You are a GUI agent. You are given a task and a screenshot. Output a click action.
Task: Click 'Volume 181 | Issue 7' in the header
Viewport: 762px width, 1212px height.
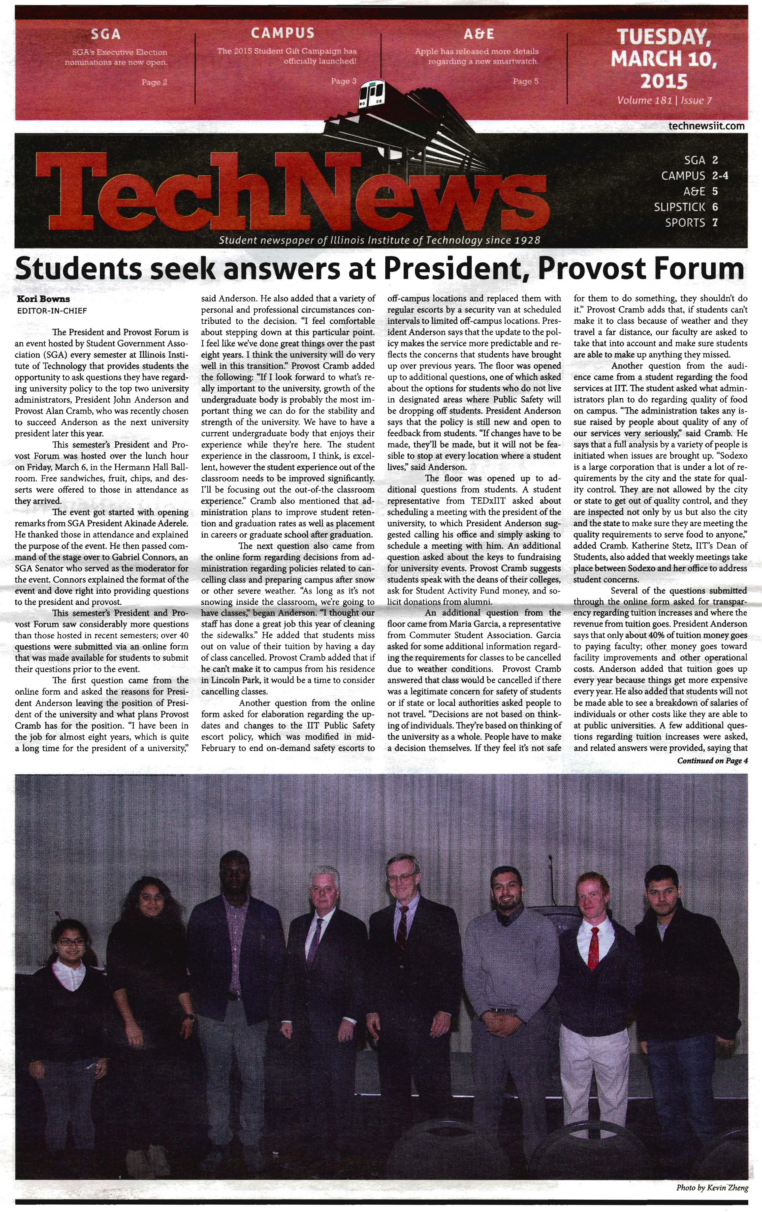664,100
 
